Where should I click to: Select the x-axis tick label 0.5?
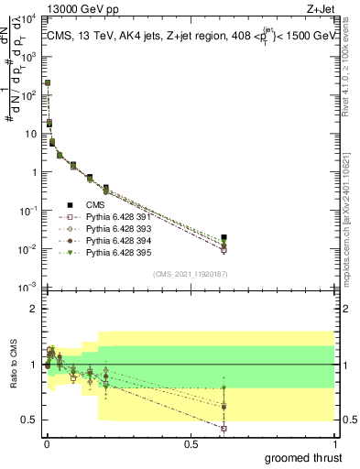[x=191, y=445]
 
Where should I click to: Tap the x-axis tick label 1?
[x=334, y=445]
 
